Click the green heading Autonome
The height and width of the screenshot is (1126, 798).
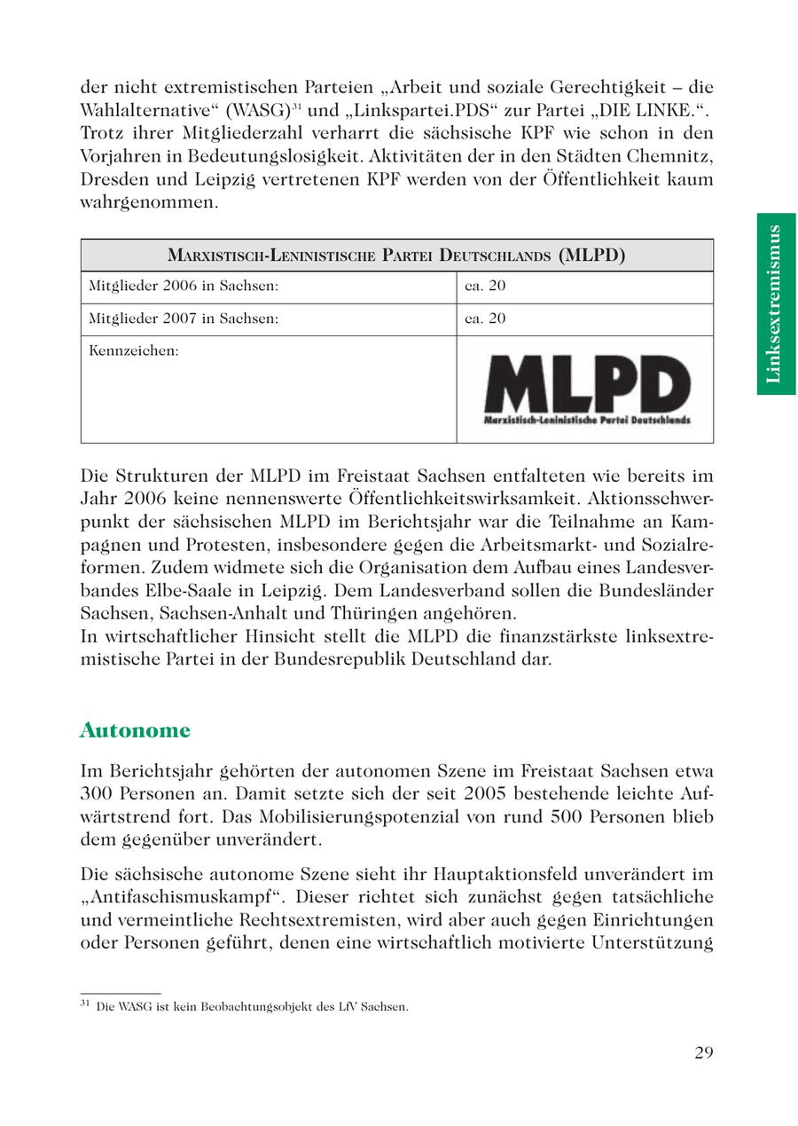135,730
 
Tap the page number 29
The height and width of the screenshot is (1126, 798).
703,1053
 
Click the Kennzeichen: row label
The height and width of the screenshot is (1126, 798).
134,350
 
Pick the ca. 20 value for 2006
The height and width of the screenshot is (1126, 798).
485,287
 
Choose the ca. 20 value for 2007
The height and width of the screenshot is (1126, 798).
485,319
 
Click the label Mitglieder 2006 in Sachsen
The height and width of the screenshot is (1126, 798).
184,287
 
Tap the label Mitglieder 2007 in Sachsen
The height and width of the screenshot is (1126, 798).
184,319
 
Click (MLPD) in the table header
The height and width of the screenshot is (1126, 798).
592,256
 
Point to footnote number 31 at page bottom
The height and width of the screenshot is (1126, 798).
86,1004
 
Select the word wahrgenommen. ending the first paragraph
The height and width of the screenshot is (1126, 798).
147,203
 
